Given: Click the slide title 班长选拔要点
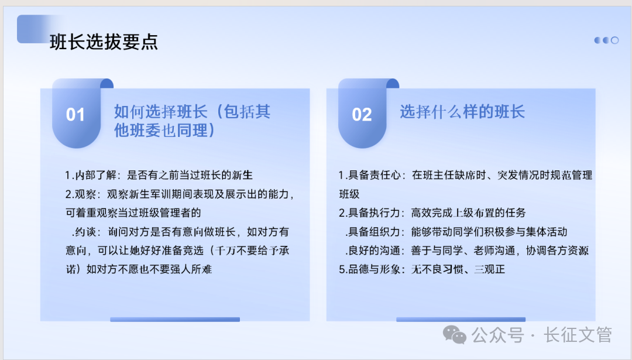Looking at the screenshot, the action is [x=104, y=42].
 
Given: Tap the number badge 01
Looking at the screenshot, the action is [x=75, y=115].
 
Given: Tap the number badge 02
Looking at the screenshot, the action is [x=362, y=115].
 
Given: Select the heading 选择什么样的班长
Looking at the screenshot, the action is [x=462, y=112].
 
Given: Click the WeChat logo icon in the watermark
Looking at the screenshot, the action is [x=455, y=335].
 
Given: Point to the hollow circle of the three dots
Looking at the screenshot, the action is [x=614, y=40].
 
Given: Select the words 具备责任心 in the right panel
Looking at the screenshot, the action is [x=375, y=175].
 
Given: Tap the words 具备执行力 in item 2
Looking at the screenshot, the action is [x=375, y=212].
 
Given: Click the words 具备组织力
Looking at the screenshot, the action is [x=375, y=232].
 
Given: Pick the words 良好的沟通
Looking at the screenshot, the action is [x=375, y=251].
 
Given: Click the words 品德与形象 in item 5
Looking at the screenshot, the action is [x=375, y=269].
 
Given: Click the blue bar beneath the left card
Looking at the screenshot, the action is [x=175, y=319].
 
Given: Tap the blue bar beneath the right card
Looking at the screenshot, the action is [x=461, y=319].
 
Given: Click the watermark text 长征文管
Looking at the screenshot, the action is [x=578, y=335].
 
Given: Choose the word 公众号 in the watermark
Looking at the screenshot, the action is [x=498, y=335].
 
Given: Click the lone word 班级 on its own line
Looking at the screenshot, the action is [x=349, y=194].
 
